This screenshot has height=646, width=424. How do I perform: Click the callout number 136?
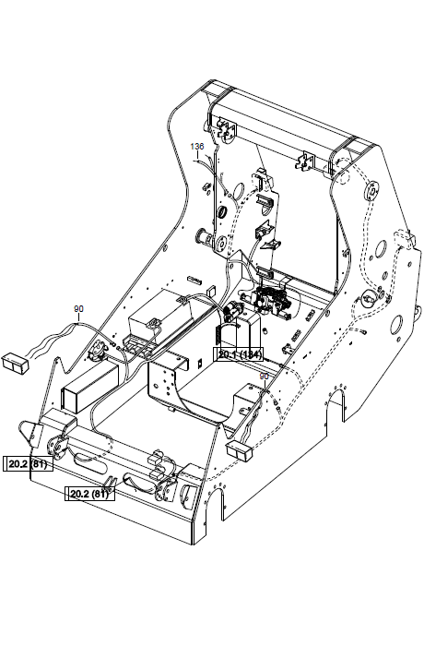(197, 146)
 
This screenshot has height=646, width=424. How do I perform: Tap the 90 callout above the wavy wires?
(78, 308)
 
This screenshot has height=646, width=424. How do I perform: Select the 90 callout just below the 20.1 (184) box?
(264, 377)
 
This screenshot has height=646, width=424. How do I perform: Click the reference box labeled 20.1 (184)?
(239, 354)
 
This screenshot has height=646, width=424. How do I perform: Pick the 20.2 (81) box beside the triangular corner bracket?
(28, 464)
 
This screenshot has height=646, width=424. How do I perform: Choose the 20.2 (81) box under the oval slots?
(89, 494)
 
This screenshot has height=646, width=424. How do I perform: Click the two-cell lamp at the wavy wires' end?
(16, 364)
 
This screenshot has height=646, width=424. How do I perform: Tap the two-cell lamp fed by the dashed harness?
(240, 450)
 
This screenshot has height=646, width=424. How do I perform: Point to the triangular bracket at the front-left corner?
(30, 434)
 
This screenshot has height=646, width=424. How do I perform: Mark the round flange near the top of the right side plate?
(372, 191)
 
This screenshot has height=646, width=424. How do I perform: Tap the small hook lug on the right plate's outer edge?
(418, 313)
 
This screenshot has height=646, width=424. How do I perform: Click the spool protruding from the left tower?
(203, 236)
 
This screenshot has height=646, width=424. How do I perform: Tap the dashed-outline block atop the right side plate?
(404, 241)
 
